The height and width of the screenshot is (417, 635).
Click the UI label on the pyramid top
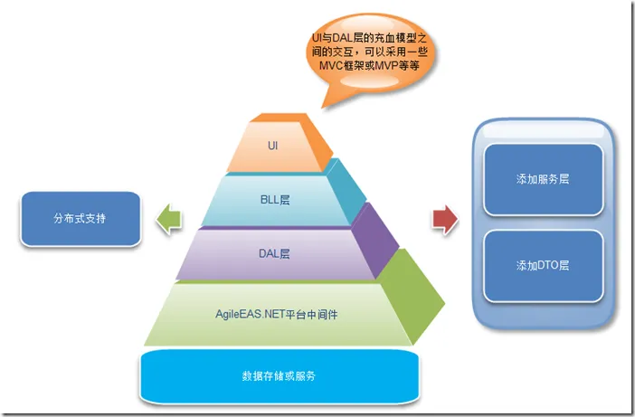272,145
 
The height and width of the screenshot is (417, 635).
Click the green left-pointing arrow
167,221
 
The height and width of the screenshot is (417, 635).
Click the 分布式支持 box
79,220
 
